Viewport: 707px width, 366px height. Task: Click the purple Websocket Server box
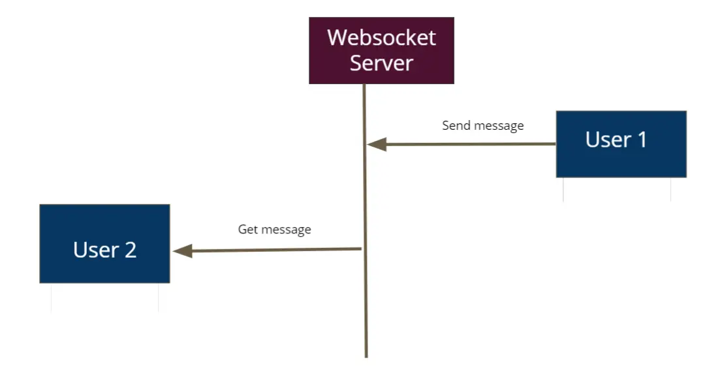(381, 51)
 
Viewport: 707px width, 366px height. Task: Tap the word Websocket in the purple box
(381, 37)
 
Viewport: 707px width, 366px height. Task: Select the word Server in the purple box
(381, 63)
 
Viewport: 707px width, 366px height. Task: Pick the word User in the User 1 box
(608, 140)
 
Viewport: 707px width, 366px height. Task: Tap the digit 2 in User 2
(129, 250)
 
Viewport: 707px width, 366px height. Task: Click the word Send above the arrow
(455, 125)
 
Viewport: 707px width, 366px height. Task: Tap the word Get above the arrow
(248, 230)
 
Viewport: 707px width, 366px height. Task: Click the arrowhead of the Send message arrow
(377, 144)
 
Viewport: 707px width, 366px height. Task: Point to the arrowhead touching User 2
(182, 251)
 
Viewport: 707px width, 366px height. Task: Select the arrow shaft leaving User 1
(470, 144)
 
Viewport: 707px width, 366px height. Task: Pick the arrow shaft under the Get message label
(274, 250)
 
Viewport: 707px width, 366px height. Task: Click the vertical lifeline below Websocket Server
(365, 196)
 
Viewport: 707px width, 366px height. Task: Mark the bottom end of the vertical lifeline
(366, 355)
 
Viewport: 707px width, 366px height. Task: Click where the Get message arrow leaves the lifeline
(361, 249)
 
